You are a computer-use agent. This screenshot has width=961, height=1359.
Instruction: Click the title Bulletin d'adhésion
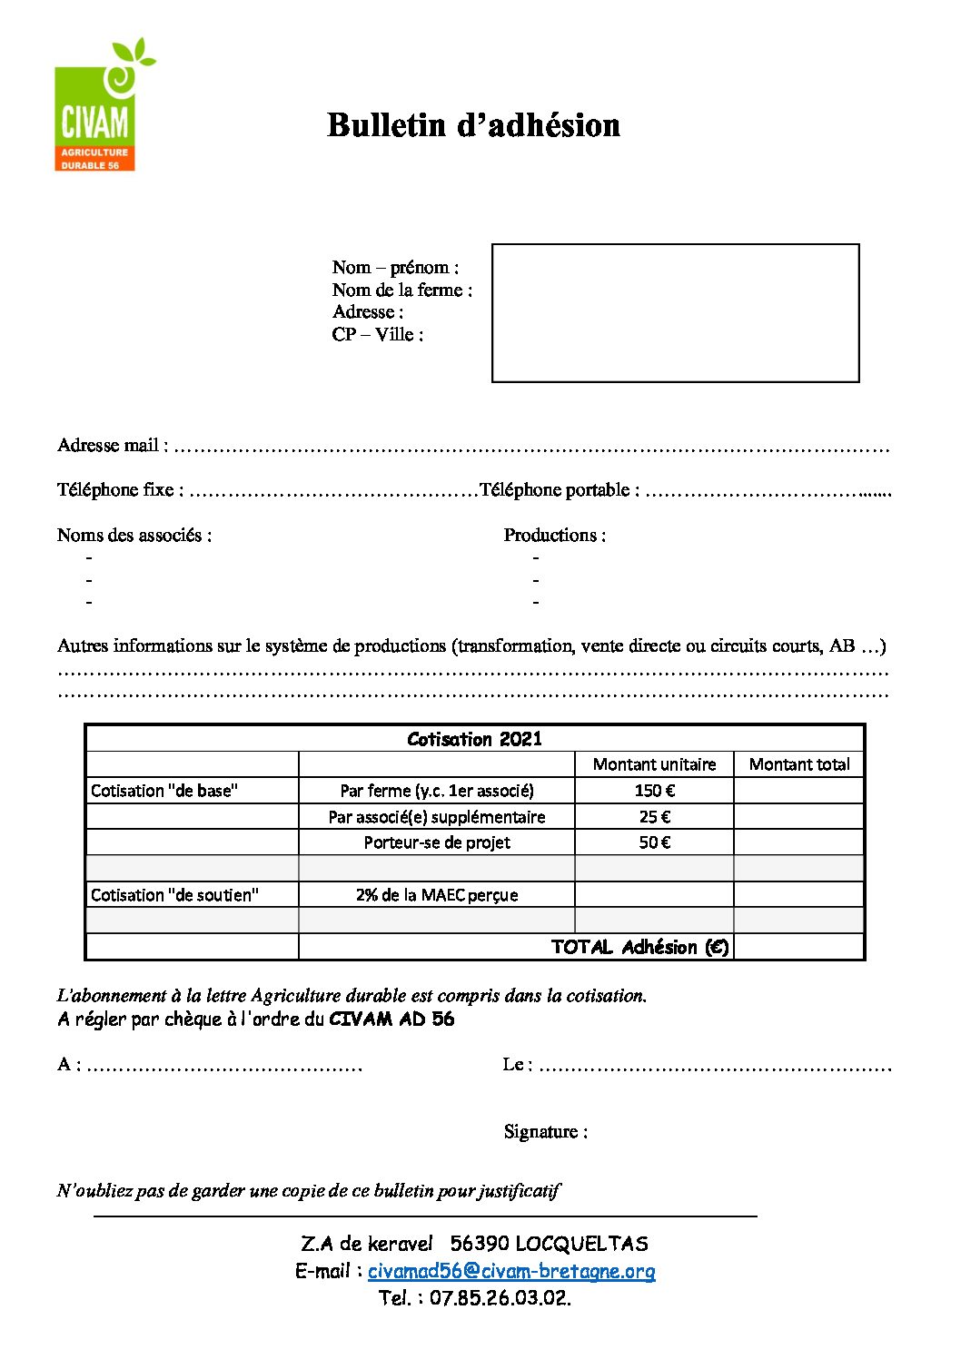tap(473, 125)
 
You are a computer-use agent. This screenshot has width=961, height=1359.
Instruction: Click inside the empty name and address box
tap(675, 312)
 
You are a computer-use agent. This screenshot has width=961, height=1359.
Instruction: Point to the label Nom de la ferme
tap(401, 291)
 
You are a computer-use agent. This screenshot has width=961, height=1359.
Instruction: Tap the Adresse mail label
tap(112, 446)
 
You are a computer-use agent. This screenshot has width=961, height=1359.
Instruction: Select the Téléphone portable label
tap(559, 490)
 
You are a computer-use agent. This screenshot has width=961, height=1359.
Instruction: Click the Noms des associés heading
tap(134, 536)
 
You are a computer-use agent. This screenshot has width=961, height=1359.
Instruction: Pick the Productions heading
tap(554, 536)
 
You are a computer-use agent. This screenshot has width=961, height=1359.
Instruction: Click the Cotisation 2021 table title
tap(474, 739)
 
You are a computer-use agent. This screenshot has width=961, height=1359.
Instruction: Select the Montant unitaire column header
tap(654, 764)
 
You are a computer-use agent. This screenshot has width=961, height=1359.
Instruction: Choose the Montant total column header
tap(799, 764)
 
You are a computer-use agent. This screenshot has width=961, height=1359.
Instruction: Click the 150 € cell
tap(654, 791)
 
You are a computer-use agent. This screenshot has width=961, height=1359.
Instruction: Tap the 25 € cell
tap(654, 817)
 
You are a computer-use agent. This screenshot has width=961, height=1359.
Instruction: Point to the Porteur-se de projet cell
tap(437, 842)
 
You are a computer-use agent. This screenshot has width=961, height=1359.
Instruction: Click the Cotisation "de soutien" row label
tap(174, 895)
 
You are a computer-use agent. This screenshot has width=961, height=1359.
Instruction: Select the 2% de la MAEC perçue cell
tap(437, 895)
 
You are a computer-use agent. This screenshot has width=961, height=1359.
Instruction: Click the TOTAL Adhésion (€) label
tap(639, 947)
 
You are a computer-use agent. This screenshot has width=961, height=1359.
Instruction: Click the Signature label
tap(545, 1132)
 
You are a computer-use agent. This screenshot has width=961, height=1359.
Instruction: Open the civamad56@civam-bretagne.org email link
tap(511, 1272)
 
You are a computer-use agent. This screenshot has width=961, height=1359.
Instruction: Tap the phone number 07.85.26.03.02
tap(500, 1298)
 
